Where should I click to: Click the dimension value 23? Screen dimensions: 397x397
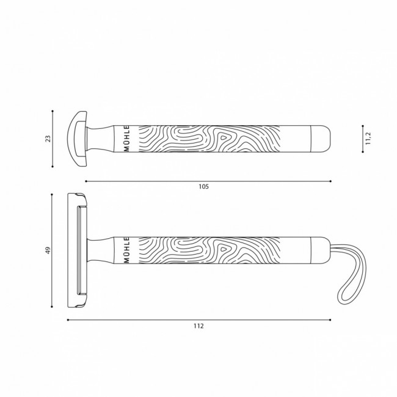(x=48, y=139)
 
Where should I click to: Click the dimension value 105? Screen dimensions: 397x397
(x=203, y=187)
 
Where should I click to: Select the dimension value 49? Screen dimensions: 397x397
(x=48, y=250)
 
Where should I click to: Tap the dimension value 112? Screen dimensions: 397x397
(x=198, y=326)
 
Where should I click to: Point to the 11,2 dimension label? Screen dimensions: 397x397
(x=368, y=139)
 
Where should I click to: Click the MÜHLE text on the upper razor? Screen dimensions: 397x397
(x=127, y=139)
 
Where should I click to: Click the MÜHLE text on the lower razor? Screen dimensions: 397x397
(x=127, y=250)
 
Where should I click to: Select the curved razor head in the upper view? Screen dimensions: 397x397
(x=77, y=139)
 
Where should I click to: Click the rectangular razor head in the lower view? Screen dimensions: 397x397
(x=77, y=250)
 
